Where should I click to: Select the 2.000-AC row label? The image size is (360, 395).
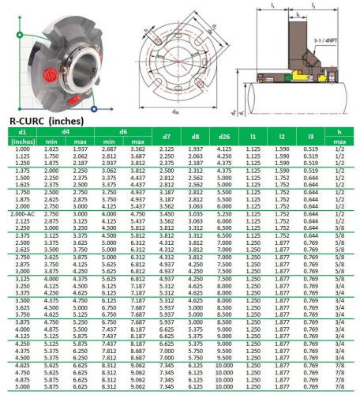(x=23, y=213)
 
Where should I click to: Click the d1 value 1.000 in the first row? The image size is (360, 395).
(x=23, y=148)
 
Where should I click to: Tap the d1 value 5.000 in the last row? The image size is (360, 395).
(x=23, y=388)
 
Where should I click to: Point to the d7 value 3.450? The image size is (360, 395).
(x=167, y=213)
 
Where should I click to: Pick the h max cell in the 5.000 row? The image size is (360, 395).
(x=339, y=388)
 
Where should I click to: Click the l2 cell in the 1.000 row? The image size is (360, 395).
(x=280, y=148)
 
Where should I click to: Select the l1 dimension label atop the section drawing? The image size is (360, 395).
(x=272, y=6)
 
